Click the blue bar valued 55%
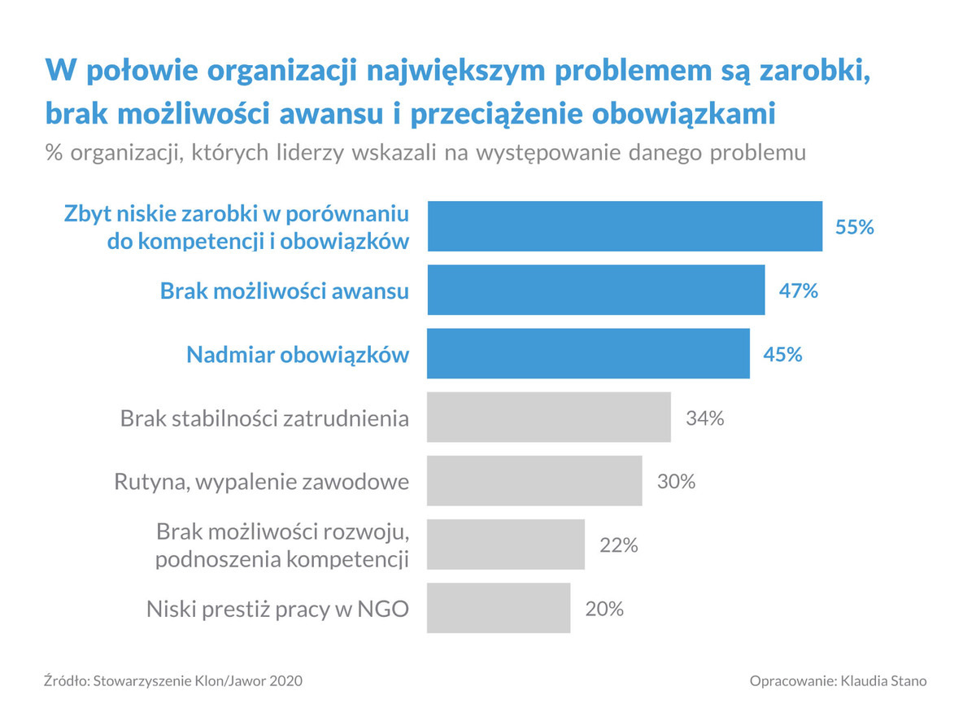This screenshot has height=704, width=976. click(x=625, y=226)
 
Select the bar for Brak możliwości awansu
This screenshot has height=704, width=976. click(x=596, y=290)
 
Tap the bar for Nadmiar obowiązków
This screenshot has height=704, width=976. click(x=589, y=354)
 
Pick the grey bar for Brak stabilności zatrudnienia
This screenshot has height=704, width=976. click(x=549, y=418)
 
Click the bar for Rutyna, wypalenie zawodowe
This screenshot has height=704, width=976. click(x=534, y=481)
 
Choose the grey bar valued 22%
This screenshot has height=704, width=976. click(x=506, y=544)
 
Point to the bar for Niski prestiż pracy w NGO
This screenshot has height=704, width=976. click(x=499, y=608)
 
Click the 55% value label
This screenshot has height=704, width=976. click(x=854, y=227)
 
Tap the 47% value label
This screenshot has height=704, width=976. click(x=798, y=291)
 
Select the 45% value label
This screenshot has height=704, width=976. click(x=782, y=355)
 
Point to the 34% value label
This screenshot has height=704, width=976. click(x=704, y=418)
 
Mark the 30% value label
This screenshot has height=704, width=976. click(x=676, y=482)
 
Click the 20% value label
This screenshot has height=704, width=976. click(x=604, y=609)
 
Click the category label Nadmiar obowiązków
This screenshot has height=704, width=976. click(x=298, y=355)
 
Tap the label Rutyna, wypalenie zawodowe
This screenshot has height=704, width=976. click(x=261, y=482)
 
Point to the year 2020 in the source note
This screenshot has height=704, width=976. click(x=286, y=680)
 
